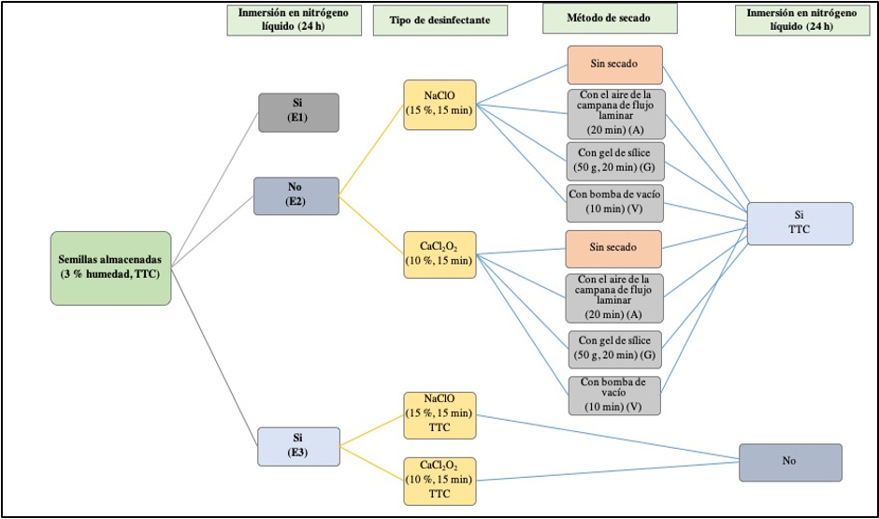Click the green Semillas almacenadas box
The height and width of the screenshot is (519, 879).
(x=110, y=267)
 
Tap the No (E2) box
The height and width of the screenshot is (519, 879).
(x=295, y=195)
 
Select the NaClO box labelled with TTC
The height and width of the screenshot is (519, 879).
(x=439, y=414)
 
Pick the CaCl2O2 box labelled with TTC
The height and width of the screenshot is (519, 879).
(x=439, y=480)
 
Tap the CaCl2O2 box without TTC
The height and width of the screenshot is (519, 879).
(x=439, y=252)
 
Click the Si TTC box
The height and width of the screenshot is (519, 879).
(x=800, y=223)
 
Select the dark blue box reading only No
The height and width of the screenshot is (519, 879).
(x=790, y=462)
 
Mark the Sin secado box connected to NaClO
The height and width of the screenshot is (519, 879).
(x=614, y=65)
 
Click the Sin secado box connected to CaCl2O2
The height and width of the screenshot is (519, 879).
(x=614, y=249)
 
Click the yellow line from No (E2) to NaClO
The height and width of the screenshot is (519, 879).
(x=371, y=150)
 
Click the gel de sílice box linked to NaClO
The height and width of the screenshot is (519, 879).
(x=614, y=162)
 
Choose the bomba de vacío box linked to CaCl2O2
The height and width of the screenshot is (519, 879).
(x=614, y=395)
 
